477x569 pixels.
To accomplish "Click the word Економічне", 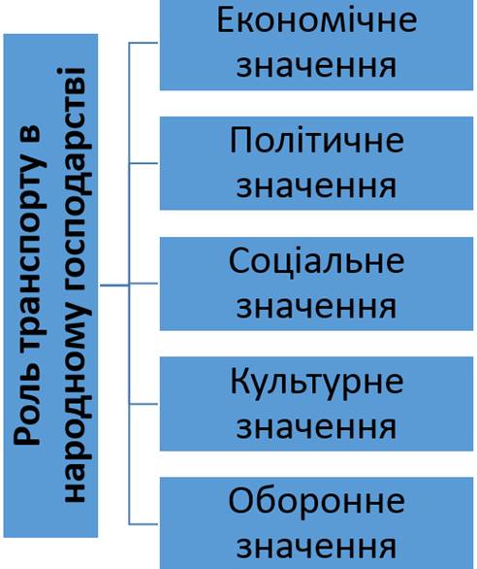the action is pos(317,20).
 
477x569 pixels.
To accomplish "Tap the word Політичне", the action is pos(317,140).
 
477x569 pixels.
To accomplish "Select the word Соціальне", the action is pos(316,260).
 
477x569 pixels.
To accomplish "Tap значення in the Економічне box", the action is pos(316,67).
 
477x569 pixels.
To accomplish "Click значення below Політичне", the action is pos(316,186).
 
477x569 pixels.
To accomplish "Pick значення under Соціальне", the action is pos(316,308).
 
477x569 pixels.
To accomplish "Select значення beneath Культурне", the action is pos(316,427).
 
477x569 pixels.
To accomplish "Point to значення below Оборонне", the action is pos(316,548).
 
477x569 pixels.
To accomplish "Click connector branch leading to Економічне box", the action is pos(143,43).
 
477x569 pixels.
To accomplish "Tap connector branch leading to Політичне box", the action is pos(143,163).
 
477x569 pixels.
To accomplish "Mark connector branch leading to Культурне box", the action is pos(143,404).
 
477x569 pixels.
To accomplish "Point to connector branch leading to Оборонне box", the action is pos(143,524).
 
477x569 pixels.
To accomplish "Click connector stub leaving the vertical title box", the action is pos(114,285).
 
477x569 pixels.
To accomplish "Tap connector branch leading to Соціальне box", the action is pos(143,284).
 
